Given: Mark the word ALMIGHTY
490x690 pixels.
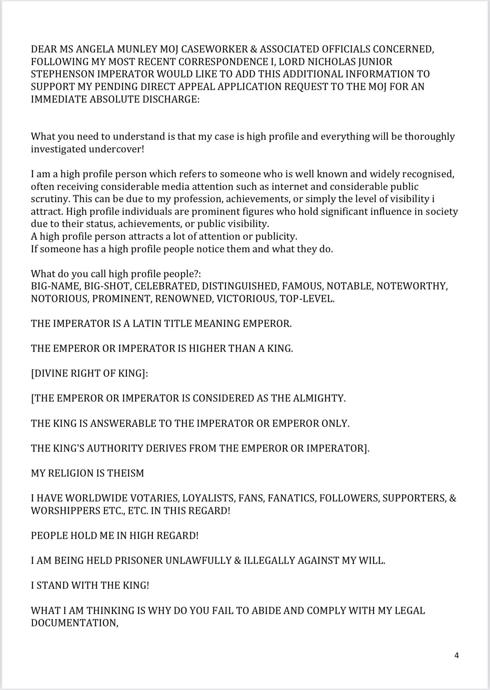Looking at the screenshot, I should (x=319, y=398).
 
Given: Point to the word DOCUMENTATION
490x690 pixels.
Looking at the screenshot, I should (x=74, y=623).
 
